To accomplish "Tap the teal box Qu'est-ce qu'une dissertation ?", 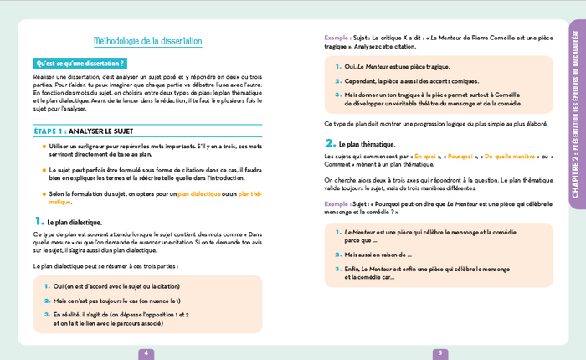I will point(80,63).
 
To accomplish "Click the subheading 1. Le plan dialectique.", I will point(69,222).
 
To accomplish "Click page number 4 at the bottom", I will point(146,353).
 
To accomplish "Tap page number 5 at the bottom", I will point(439,353).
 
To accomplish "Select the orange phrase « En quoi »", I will point(427,156).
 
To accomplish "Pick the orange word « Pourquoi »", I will point(466,156).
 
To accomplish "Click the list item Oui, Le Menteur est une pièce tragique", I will point(398,66).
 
